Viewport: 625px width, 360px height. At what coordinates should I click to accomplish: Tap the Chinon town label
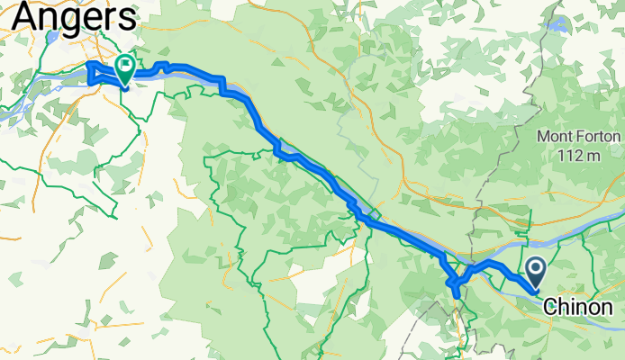coord(583,307)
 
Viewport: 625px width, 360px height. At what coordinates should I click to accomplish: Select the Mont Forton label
coord(579,138)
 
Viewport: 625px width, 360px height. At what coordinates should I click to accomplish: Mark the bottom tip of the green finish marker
coord(124,86)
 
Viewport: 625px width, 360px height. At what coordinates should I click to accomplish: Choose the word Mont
coord(555,138)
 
